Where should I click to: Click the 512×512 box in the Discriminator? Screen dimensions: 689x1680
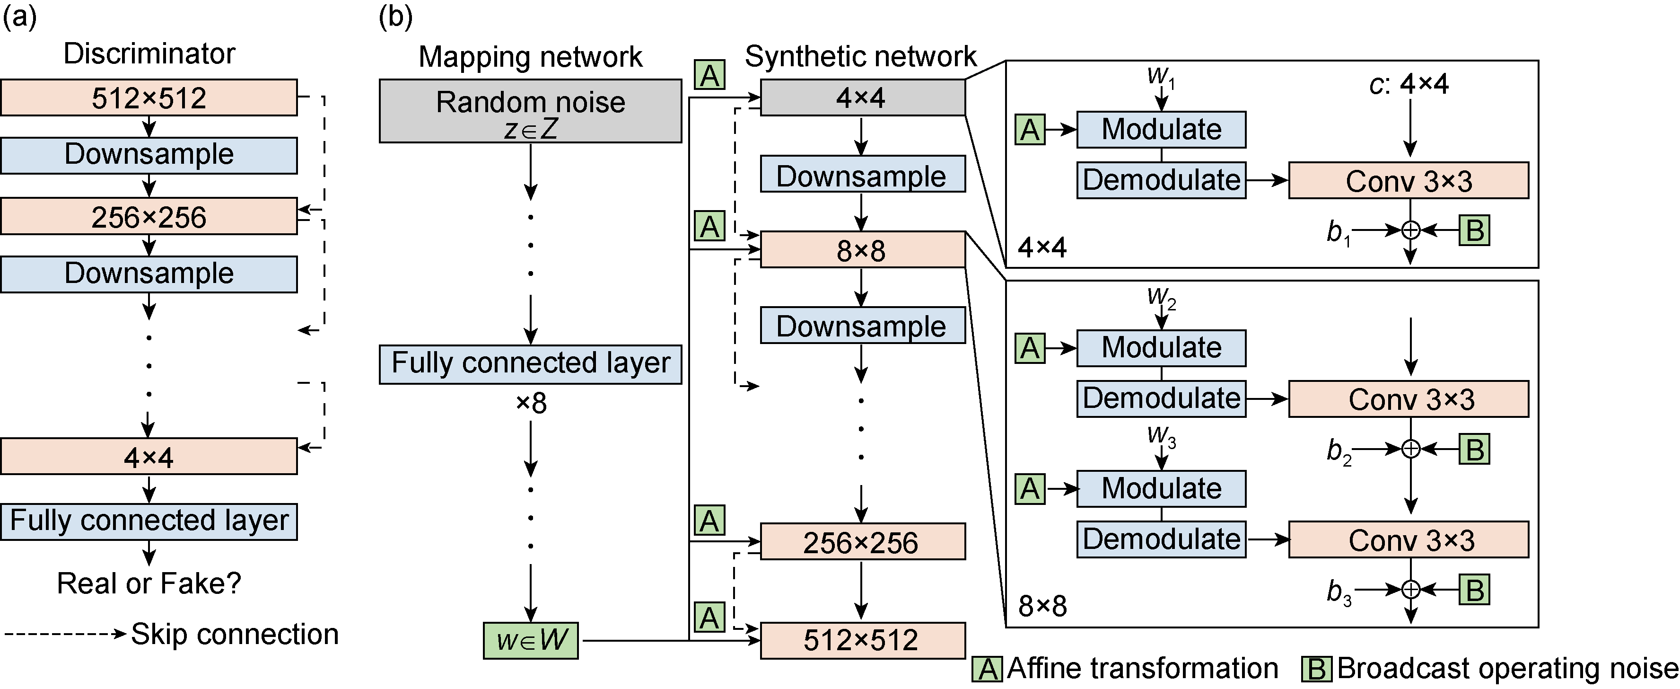coord(149,98)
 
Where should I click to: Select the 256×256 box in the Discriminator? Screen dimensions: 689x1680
coord(149,217)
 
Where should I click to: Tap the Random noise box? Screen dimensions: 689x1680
coord(530,111)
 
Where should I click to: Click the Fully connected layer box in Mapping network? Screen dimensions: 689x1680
coord(530,364)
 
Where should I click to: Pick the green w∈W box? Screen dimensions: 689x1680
coord(530,640)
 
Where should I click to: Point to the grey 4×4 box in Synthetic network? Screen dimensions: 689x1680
coord(862,98)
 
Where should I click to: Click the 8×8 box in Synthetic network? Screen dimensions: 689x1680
coord(862,250)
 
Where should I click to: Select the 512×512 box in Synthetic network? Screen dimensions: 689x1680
coord(862,640)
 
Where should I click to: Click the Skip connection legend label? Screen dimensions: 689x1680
coord(235,634)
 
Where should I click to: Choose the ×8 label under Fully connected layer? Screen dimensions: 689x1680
coord(531,403)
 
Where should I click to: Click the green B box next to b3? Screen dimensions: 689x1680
coord(1475,590)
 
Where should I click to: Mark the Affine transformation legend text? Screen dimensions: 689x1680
coord(1143,669)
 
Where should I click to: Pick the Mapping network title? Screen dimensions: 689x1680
coord(530,57)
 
